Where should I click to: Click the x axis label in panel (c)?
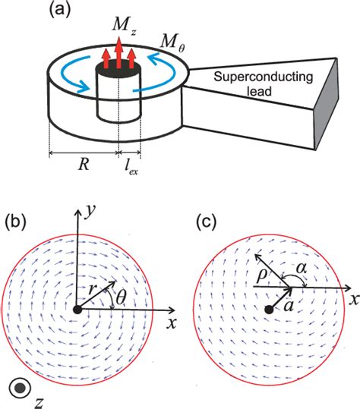coord(354,298)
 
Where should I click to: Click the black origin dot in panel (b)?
coord(77,310)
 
